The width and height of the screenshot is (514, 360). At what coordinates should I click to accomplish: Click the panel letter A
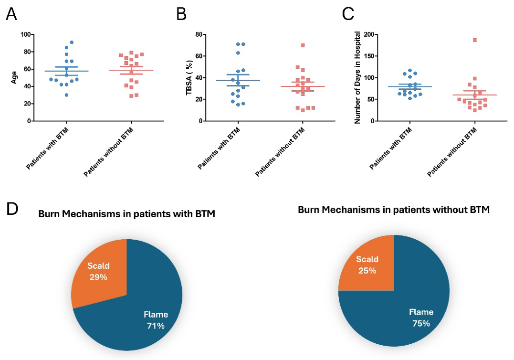[x=11, y=14]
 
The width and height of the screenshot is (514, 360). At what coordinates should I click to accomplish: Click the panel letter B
[x=181, y=14]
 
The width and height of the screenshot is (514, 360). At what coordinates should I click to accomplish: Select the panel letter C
[x=348, y=14]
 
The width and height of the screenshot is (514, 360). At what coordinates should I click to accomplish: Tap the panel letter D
[x=12, y=209]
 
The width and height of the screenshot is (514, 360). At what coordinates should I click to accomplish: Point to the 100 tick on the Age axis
[x=26, y=34]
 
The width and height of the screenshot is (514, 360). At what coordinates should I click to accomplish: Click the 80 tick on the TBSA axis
[x=198, y=34]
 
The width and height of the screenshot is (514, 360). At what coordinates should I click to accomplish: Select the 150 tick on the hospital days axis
[x=369, y=56]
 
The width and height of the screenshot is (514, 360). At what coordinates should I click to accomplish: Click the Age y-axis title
[x=14, y=78]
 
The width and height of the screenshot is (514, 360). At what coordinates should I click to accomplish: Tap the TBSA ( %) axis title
[x=189, y=78]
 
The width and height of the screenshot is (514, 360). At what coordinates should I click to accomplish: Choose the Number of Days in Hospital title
[x=357, y=77]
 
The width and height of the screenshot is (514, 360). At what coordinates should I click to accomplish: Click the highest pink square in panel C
[x=475, y=40]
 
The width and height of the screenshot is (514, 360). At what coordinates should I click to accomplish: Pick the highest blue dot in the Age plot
[x=72, y=42]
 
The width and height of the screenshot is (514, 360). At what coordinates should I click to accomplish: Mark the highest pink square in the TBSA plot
[x=303, y=45]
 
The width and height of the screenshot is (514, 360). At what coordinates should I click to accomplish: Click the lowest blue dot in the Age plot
[x=66, y=95]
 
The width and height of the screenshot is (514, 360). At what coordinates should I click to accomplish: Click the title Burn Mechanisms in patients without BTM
[x=394, y=210]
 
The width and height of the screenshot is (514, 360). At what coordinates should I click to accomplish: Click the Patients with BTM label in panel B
[x=219, y=148]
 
